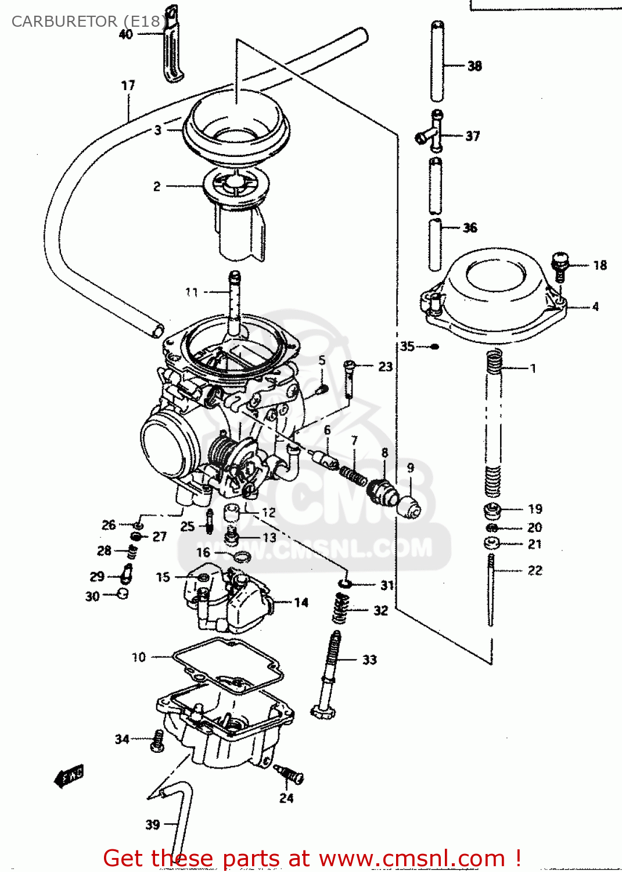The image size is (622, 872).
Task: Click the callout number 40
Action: pyautogui.click(x=125, y=34)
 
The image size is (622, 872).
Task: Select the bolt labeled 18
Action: pyautogui.click(x=560, y=265)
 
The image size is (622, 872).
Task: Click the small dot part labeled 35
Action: pyautogui.click(x=434, y=347)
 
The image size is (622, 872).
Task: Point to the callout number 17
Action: pyautogui.click(x=128, y=85)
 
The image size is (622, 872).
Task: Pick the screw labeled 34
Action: pyautogui.click(x=157, y=741)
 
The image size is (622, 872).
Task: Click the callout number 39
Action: pyautogui.click(x=152, y=824)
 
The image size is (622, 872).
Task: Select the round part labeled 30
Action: pyautogui.click(x=123, y=594)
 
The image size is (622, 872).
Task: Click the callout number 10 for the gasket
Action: pyautogui.click(x=138, y=657)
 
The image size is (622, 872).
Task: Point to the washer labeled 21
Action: pyautogui.click(x=491, y=544)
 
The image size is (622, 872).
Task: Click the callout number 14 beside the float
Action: pyautogui.click(x=301, y=603)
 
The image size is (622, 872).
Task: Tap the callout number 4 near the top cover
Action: pyautogui.click(x=595, y=306)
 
